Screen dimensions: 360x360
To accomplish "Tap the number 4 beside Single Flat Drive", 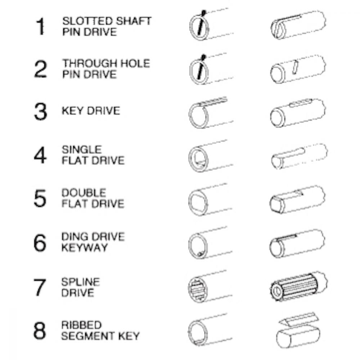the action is click(40, 155).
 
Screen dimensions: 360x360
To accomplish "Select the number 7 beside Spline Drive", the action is click(40, 287).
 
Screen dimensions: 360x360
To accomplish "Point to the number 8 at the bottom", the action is click(40, 330).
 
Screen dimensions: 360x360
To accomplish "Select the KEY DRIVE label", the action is click(91, 111).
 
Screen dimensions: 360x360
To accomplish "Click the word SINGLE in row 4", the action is click(81, 150).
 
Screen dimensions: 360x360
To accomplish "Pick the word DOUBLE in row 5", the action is click(84, 193).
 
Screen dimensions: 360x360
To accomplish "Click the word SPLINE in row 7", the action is click(81, 282).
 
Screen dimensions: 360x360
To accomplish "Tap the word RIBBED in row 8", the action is click(81, 325).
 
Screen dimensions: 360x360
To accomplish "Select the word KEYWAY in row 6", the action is click(85, 248).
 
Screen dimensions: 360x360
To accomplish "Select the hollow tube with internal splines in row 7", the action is click(210, 287).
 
